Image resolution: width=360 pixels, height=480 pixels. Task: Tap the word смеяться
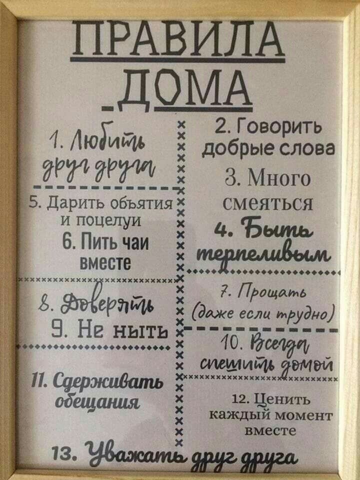(261, 203)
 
